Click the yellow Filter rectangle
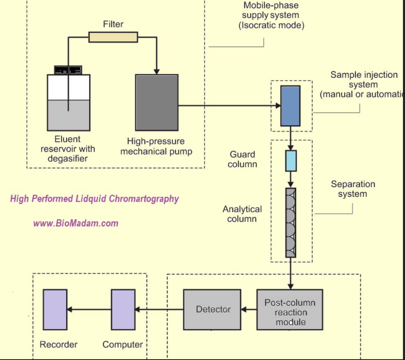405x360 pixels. [113, 37]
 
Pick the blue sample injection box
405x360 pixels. [290, 106]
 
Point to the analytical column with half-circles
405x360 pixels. [290, 222]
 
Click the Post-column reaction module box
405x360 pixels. [290, 309]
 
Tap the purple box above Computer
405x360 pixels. [123, 310]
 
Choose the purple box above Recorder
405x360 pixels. [55, 310]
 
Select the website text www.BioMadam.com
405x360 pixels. [76, 223]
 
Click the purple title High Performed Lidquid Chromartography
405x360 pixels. [94, 199]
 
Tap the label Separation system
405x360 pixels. [353, 189]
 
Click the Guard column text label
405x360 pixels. [243, 159]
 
